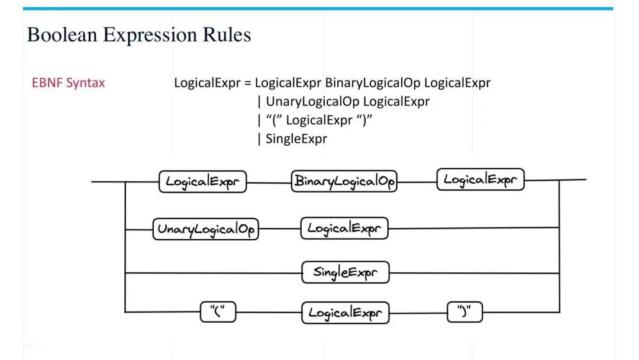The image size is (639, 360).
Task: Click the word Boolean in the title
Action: pos(62,35)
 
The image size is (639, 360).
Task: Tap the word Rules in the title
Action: pos(227,35)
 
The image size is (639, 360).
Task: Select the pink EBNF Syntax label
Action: pos(69,83)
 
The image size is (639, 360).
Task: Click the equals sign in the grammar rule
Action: pos(248,83)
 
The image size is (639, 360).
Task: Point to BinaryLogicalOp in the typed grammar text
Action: pos(373,83)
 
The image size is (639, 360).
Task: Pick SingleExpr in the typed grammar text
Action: pos(296,139)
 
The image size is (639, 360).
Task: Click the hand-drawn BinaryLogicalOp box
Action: pos(344,181)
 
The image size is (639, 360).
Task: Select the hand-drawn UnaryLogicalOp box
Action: pos(206,229)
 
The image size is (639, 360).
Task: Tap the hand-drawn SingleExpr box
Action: pos(346,272)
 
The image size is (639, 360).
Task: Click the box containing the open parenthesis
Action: pos(218,312)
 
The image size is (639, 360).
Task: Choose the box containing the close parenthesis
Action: pos(464,312)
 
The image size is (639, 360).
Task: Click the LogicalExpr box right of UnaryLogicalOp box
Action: pos(344,229)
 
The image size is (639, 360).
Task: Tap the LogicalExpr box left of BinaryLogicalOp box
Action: pos(202,182)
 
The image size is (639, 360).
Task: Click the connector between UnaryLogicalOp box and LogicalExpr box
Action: pos(279,229)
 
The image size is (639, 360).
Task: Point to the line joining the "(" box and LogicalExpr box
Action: pos(269,313)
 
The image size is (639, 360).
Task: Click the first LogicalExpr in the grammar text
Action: pos(207,83)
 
